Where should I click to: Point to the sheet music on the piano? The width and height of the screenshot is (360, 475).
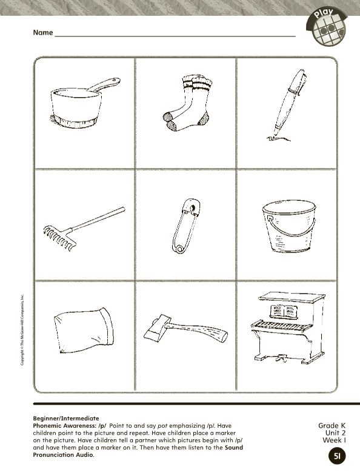tap(284, 312)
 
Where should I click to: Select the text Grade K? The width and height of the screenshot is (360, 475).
tap(332, 426)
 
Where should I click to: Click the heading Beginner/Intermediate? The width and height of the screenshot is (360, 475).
tap(65, 419)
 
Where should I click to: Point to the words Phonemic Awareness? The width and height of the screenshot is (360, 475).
tap(59, 426)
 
